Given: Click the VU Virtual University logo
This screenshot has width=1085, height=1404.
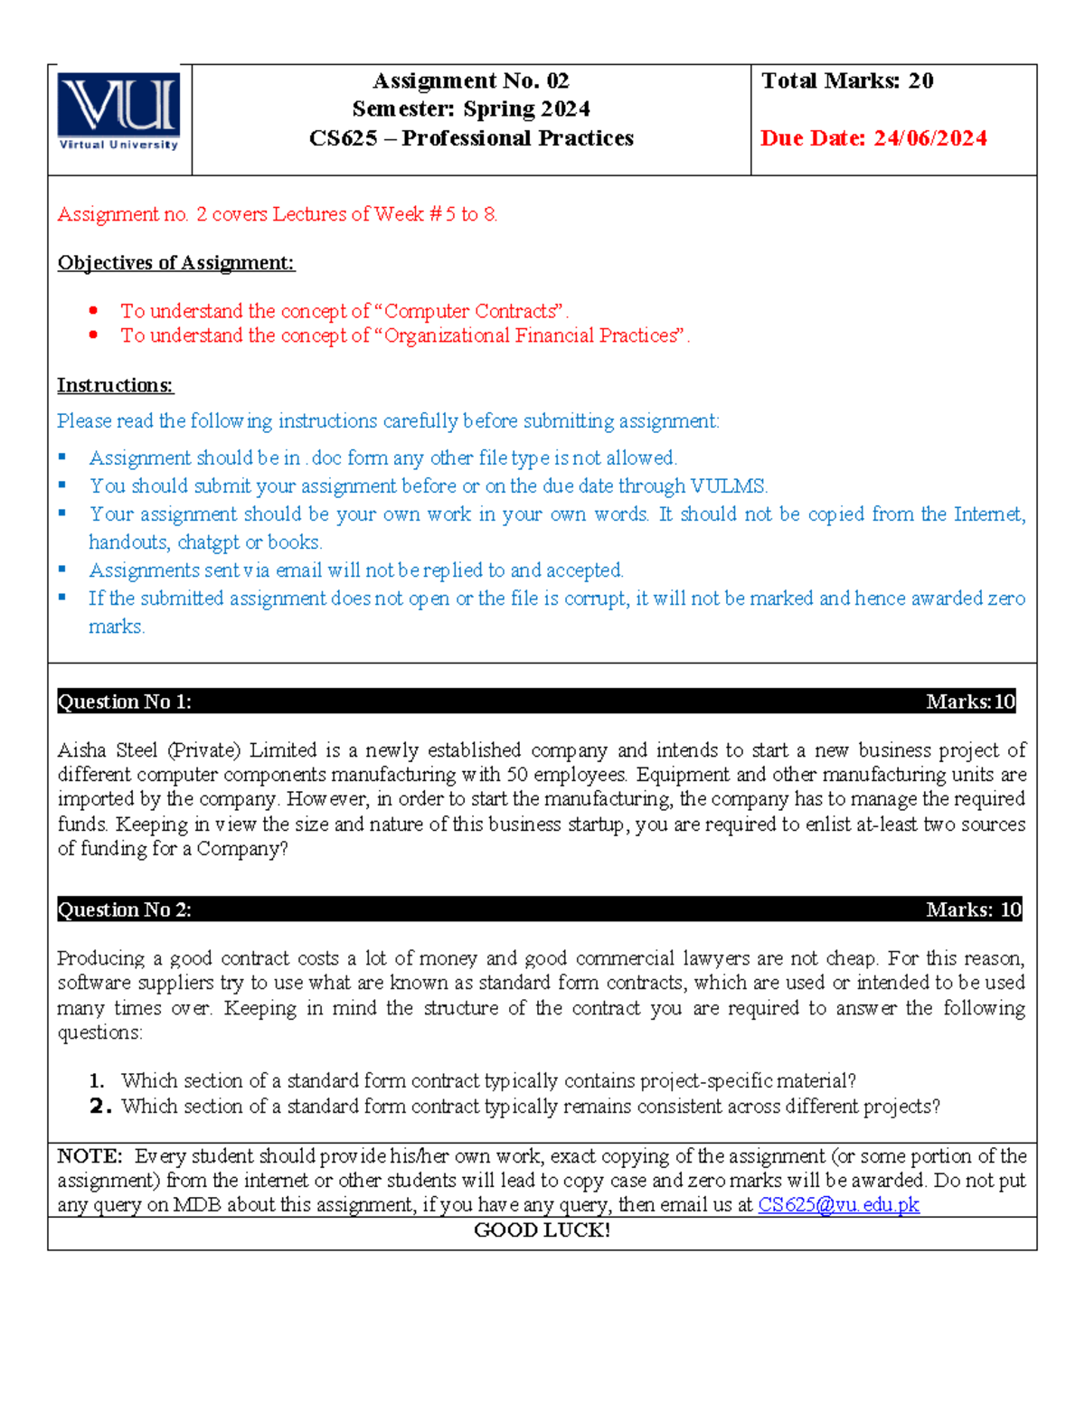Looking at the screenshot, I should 118,111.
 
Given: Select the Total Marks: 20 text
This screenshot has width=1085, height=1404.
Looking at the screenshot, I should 847,81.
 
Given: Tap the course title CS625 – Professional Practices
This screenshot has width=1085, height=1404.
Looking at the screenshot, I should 471,138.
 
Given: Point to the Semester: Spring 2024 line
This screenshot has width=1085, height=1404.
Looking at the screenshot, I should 471,109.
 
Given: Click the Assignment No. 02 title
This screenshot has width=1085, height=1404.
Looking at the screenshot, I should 471,81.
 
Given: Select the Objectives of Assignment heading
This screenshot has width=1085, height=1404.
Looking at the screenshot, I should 175,263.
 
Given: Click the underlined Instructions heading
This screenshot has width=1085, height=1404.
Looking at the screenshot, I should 115,386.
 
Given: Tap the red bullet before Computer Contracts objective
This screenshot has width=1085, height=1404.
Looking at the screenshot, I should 93,310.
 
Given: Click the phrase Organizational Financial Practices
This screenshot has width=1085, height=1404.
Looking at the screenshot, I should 531,336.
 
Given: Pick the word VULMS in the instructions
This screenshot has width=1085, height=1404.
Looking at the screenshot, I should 728,486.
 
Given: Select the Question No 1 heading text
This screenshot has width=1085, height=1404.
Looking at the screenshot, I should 125,702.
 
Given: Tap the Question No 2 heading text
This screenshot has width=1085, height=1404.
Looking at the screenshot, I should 125,909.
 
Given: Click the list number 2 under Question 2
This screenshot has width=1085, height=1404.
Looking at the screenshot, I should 99,1107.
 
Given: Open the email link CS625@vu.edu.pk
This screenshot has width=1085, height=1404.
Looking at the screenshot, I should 838,1205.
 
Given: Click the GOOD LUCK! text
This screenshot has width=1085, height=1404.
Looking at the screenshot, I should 542,1230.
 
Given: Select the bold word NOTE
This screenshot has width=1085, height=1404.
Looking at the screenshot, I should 89,1156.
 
